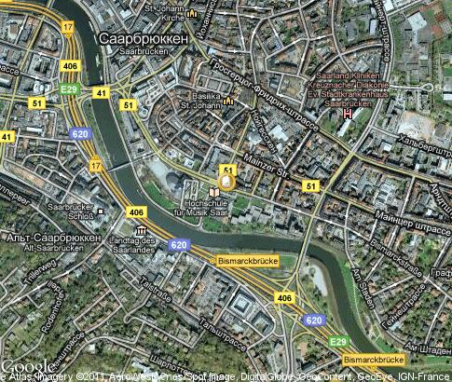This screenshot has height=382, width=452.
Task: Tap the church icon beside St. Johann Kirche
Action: click(x=192, y=15)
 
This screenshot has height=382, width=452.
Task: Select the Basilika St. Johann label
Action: click(x=199, y=101)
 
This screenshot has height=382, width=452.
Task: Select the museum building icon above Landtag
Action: click(x=141, y=229)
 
